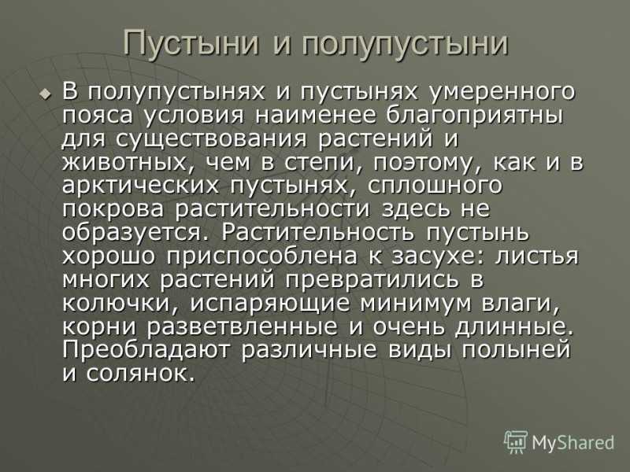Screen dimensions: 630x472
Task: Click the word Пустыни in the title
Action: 191,42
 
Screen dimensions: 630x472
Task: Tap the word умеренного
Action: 502,93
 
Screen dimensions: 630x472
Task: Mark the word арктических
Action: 141,186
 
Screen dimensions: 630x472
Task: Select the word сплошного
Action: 435,186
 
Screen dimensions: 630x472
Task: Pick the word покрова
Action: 113,210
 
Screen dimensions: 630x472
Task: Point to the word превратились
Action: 371,280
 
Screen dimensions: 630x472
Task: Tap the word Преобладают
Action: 146,350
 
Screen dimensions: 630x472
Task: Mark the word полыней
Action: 515,350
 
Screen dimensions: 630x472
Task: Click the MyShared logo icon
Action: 516,442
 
